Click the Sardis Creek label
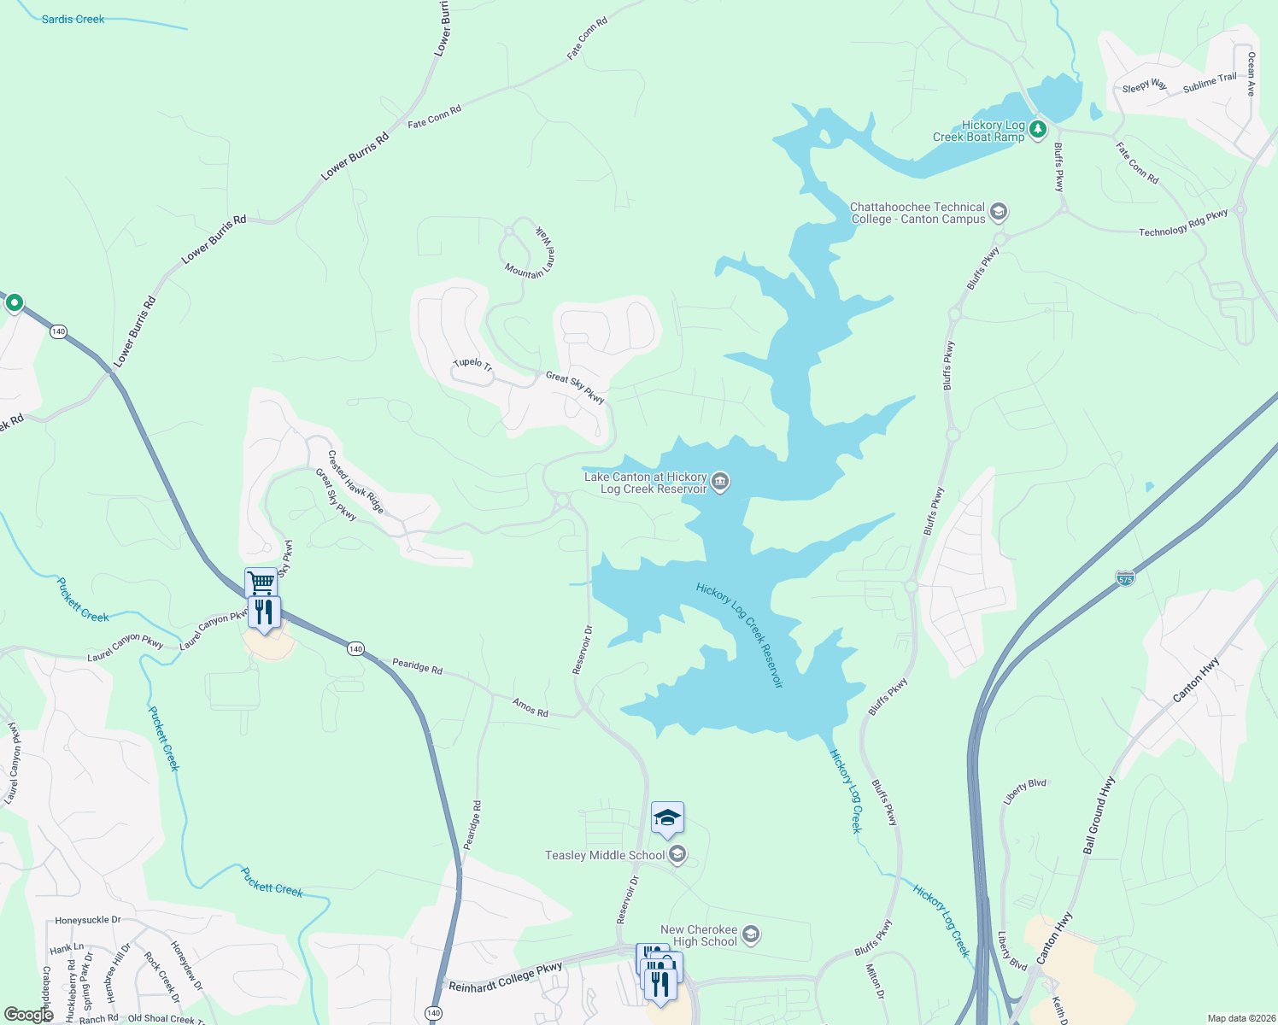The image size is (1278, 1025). [73, 19]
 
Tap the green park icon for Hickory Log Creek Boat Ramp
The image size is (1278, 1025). [1038, 130]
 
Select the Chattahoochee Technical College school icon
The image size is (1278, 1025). [999, 212]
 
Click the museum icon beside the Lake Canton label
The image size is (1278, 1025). [720, 483]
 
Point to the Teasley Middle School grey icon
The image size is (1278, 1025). [677, 854]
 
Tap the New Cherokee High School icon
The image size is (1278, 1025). [750, 934]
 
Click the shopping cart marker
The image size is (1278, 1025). [261, 583]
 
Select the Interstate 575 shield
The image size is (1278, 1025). [1125, 578]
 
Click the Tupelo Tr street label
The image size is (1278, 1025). [472, 364]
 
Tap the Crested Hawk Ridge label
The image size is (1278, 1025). [355, 482]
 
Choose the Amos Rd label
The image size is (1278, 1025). [530, 707]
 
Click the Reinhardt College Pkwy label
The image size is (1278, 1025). [506, 976]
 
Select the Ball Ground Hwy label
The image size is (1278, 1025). [1099, 815]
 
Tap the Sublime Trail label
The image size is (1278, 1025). [1210, 82]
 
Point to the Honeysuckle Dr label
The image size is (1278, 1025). [88, 920]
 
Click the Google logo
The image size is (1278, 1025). [28, 1015]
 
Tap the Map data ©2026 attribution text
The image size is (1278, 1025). [1240, 1018]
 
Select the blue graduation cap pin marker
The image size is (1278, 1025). [667, 818]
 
